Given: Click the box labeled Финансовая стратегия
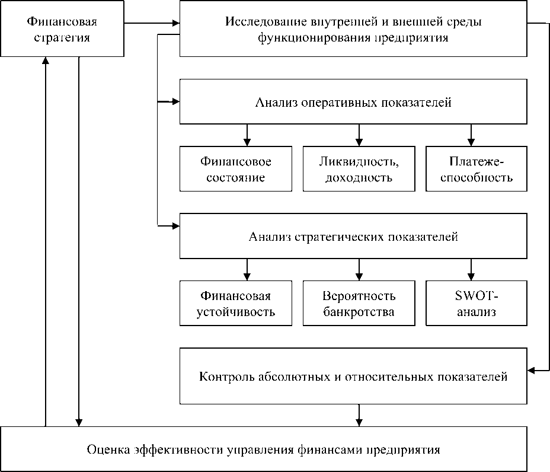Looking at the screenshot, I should coord(62,29).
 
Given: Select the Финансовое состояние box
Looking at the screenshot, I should coord(236,169).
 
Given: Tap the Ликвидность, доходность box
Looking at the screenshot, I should coord(359,169).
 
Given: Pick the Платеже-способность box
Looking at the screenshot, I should coord(476,169).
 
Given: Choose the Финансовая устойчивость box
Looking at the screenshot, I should coord(236,303).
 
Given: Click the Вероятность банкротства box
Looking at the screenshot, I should coord(359,303).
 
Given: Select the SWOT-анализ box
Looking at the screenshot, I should coord(476,303).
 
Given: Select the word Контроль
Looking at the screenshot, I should coord(222,377).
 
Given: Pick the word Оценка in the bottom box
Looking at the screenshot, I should coord(106,449).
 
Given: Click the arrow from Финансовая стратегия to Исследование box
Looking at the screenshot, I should coord(148,24).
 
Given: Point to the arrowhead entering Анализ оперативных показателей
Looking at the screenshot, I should coord(175,102).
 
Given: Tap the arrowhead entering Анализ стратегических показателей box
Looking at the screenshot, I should coord(175,225).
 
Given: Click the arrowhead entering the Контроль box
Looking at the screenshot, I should coord(532,371).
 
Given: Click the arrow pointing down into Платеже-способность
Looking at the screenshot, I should coord(471,135).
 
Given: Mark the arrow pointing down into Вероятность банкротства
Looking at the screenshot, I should coord(359,270).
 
